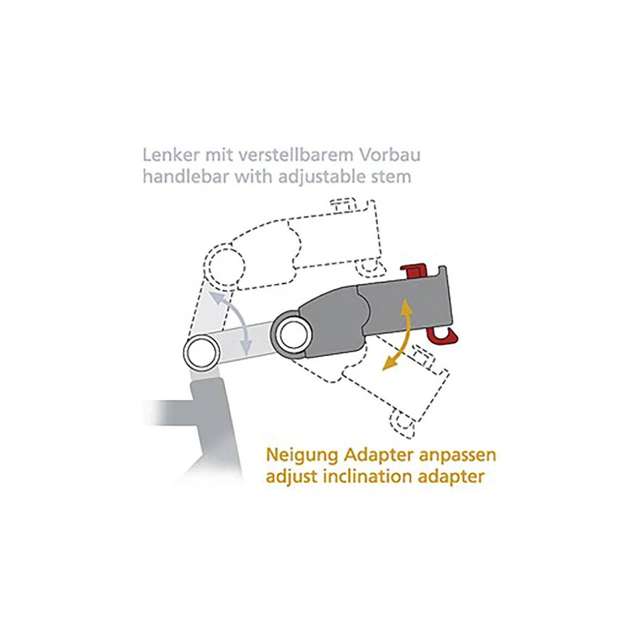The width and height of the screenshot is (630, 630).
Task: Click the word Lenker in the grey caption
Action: click(171, 155)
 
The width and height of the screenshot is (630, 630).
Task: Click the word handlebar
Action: click(186, 177)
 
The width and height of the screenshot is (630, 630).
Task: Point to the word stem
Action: click(392, 177)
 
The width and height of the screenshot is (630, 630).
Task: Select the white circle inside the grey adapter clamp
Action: click(294, 335)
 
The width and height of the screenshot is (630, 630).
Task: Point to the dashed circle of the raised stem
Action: click(224, 264)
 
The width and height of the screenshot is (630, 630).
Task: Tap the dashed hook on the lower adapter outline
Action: click(402, 423)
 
